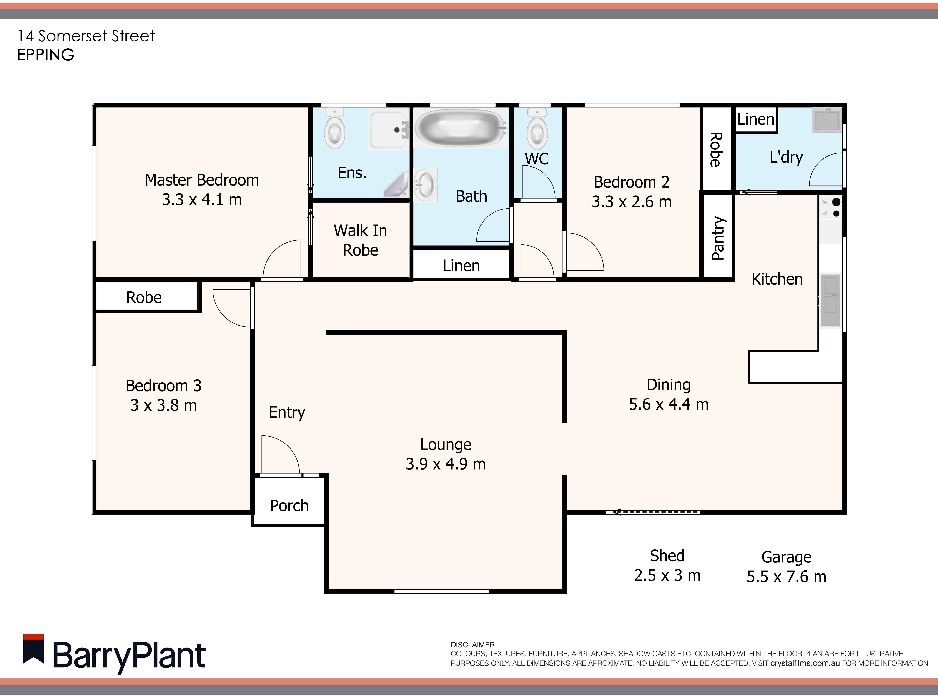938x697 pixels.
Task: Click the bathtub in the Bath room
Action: tap(460, 127)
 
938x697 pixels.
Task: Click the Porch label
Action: tap(289, 505)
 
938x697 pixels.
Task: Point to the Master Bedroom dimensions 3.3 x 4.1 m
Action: tap(202, 200)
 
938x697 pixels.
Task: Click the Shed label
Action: tap(667, 556)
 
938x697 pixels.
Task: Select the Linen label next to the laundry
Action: tap(755, 119)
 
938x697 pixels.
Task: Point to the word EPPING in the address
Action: tap(45, 55)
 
